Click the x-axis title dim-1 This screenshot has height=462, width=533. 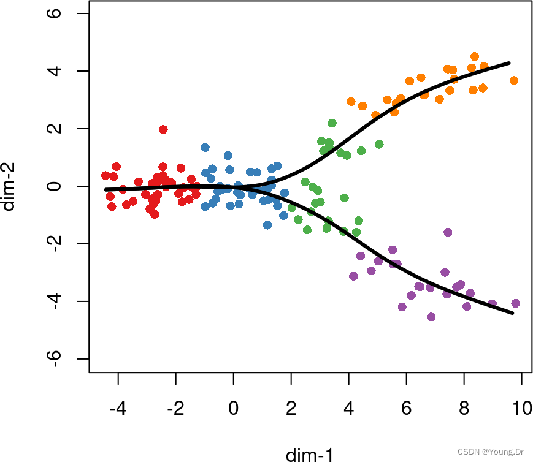point(310,454)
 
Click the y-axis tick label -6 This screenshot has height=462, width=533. point(56,358)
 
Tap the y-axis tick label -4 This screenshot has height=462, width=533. point(56,301)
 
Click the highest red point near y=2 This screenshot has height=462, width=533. point(163,129)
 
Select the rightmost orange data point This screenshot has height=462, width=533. point(514,80)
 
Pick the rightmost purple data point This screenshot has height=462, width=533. point(515,303)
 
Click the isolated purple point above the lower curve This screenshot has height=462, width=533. point(448,232)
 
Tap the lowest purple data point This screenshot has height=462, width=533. point(431,317)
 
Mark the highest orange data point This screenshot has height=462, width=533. point(475,56)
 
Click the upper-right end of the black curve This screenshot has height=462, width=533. point(509,63)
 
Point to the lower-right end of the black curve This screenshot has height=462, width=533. point(512,313)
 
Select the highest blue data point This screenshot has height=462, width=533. point(205,148)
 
